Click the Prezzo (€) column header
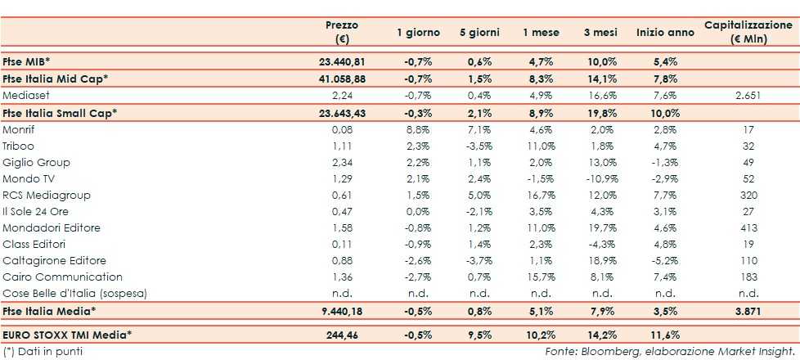pos(341,32)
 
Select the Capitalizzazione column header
pos(748,32)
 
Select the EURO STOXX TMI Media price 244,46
pos(348,335)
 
